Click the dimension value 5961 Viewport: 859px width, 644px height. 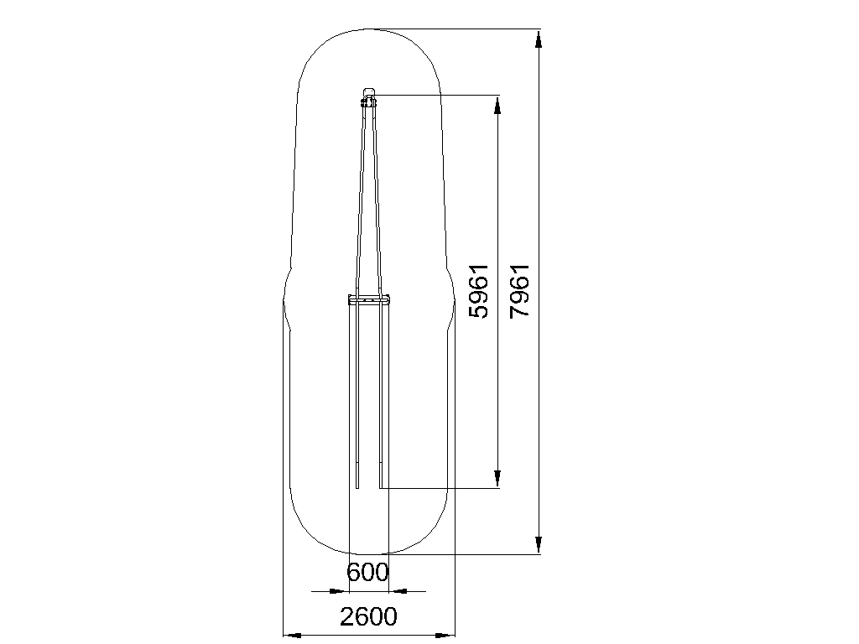click(x=479, y=291)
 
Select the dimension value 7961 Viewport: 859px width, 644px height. click(x=519, y=291)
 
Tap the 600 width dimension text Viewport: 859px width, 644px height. click(x=367, y=573)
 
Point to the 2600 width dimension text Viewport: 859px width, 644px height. click(x=368, y=616)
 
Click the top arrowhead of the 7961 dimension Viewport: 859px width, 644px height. click(x=539, y=40)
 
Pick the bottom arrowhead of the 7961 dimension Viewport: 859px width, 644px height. click(x=539, y=543)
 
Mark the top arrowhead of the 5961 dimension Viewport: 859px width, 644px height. click(x=497, y=106)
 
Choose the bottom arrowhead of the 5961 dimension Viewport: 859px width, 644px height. click(x=497, y=477)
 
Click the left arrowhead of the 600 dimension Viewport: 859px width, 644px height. click(x=339, y=591)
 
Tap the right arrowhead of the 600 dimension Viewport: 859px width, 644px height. click(x=398, y=591)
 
